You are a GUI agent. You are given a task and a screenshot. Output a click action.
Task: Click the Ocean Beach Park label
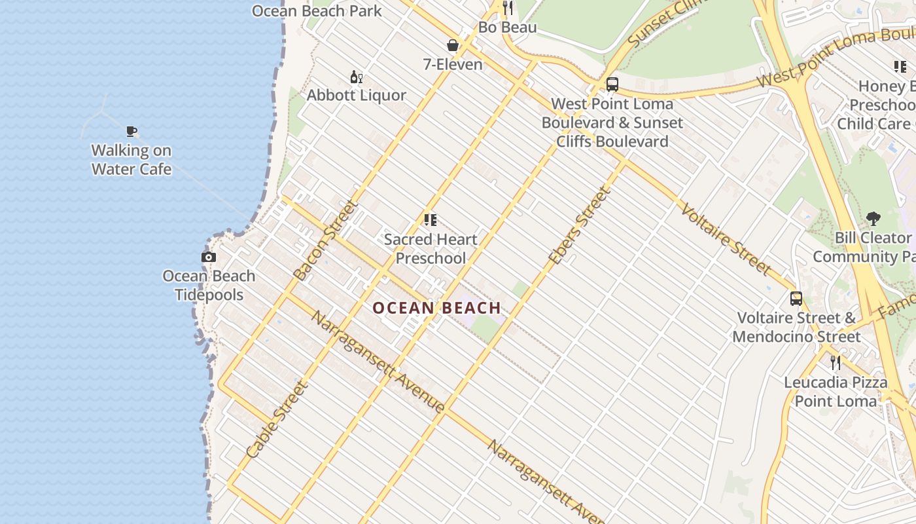[x=317, y=11]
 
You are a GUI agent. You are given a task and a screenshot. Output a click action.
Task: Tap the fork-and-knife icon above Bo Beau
[x=508, y=8]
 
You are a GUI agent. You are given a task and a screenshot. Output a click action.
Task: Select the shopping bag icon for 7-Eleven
[x=452, y=45]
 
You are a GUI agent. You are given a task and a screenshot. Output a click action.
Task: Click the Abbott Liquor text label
[x=357, y=96]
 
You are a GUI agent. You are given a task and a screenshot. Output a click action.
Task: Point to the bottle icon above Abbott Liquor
[x=356, y=77]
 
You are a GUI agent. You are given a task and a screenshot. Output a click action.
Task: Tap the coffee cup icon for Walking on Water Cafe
[x=132, y=131]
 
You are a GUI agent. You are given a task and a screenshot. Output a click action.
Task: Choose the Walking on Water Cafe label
[x=132, y=160]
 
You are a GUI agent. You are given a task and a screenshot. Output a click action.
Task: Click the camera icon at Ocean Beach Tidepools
[x=209, y=257]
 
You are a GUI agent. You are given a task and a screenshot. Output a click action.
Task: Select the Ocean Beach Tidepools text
[x=209, y=286]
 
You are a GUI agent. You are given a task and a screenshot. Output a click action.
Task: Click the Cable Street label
[x=276, y=419]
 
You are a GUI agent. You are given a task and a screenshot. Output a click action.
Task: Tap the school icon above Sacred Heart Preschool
[x=430, y=220]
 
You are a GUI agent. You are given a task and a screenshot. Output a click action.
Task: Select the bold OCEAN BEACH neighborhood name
[x=436, y=308]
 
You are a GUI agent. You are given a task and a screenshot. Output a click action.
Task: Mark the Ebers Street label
[x=579, y=226]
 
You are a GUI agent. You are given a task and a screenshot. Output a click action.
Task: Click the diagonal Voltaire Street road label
[x=726, y=239]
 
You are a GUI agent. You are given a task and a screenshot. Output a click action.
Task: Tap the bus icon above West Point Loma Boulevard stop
[x=612, y=84]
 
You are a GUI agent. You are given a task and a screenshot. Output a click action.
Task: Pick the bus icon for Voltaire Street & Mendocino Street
[x=796, y=299]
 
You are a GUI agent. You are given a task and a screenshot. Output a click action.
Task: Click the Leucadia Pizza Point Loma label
[x=836, y=392]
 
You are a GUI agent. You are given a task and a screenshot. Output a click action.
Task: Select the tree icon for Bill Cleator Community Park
[x=873, y=219]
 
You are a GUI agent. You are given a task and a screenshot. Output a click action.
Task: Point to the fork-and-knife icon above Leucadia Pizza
[x=836, y=362]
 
